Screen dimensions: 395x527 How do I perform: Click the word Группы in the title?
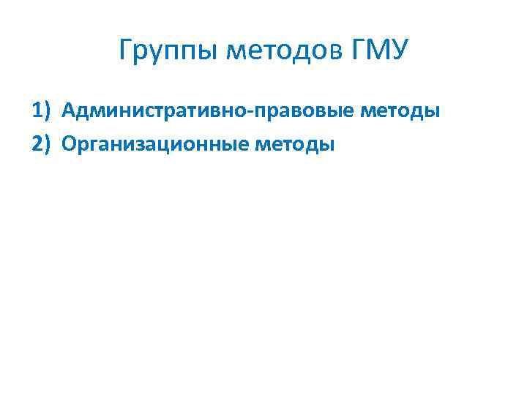tap(170, 52)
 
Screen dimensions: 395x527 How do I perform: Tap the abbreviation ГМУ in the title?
tap(381, 52)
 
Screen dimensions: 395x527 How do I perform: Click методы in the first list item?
tap(401, 111)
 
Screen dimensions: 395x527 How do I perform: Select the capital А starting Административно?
tap(69, 111)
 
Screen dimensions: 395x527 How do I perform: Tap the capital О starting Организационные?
tap(70, 144)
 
